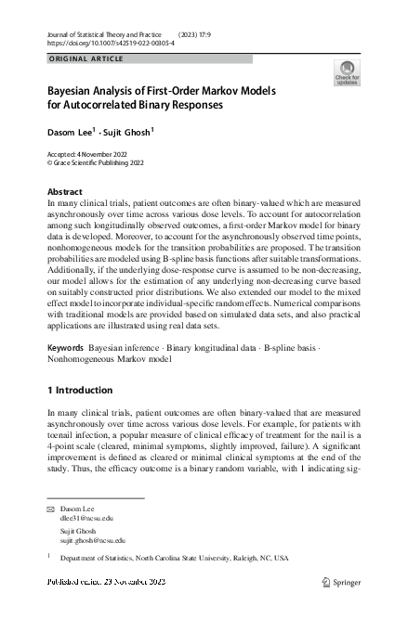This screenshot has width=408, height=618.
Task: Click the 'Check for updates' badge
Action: pos(347,72)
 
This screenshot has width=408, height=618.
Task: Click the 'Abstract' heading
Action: pos(64,191)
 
